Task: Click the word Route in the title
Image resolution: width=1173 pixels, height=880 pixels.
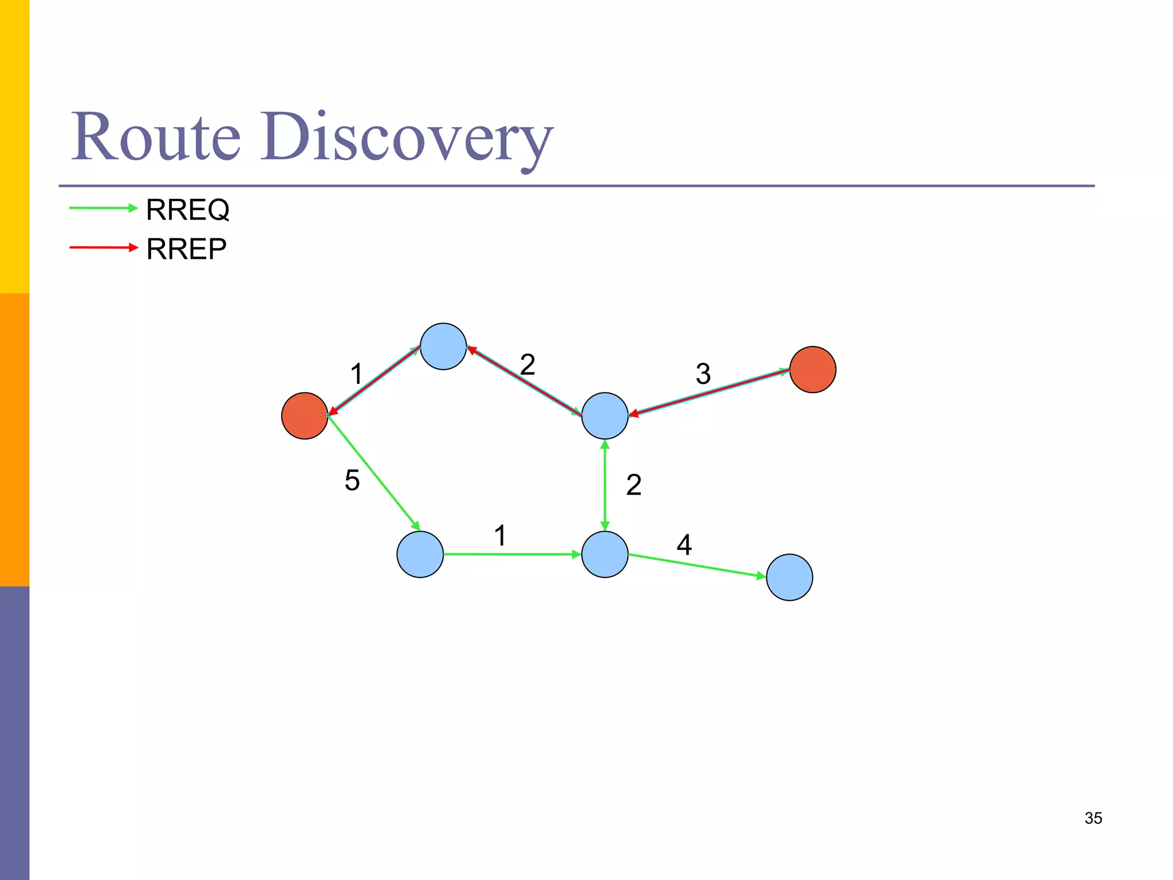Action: click(x=156, y=137)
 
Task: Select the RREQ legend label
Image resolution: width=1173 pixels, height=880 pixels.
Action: click(x=188, y=210)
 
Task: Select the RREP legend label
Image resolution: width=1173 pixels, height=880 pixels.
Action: click(x=186, y=249)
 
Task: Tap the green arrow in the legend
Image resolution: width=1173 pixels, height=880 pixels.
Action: click(x=103, y=208)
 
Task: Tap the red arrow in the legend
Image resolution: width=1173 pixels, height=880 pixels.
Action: click(x=103, y=247)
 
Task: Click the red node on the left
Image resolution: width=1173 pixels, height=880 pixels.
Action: click(x=305, y=416)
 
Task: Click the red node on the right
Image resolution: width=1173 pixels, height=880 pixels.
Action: click(x=812, y=370)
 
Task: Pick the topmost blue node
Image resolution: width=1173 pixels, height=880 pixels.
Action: click(x=443, y=347)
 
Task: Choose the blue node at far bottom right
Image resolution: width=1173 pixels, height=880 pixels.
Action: click(x=789, y=577)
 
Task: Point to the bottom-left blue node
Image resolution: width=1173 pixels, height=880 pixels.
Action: click(x=420, y=555)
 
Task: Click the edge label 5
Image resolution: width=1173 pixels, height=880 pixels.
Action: click(x=352, y=480)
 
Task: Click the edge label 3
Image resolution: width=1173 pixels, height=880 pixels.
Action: click(x=703, y=374)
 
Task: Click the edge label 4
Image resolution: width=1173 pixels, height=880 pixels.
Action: click(x=684, y=545)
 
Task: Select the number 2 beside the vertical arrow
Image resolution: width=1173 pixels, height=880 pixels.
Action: click(x=633, y=485)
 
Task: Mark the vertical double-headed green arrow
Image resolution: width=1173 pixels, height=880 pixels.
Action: click(x=605, y=485)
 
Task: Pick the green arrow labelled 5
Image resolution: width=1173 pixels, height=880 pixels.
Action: click(x=373, y=473)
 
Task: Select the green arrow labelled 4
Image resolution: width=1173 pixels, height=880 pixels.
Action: click(x=696, y=566)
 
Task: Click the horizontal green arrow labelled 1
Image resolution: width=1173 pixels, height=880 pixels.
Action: click(x=512, y=555)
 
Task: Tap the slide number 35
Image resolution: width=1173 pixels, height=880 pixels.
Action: click(x=1093, y=818)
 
